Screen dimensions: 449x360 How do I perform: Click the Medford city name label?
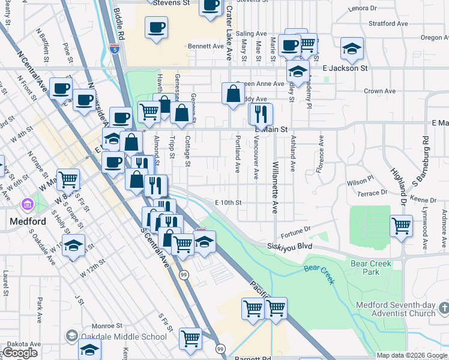(28, 221)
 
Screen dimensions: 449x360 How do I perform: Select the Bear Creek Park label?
(372, 268)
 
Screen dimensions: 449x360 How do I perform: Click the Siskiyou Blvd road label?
(291, 247)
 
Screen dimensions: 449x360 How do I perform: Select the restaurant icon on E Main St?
(261, 113)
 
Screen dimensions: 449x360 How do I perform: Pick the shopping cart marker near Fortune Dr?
(401, 226)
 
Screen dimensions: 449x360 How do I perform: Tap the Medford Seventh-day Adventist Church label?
(395, 309)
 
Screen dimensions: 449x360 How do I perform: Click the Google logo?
(20, 353)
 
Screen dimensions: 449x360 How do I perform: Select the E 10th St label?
(228, 203)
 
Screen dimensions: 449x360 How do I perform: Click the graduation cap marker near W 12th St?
(73, 246)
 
